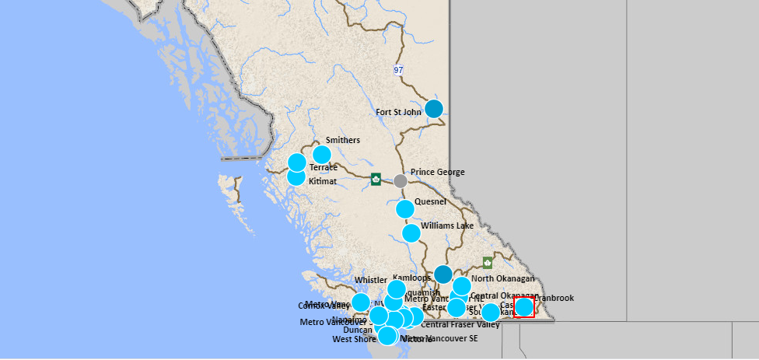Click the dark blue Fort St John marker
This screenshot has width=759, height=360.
coord(433,108)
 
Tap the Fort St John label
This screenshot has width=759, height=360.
coord(398,112)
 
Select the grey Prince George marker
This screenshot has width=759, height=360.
coord(400,181)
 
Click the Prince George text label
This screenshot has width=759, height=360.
coord(437,172)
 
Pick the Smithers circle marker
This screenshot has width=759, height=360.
coord(321,155)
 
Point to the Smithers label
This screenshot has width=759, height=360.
coord(342,140)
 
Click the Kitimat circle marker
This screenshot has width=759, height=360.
coord(296,177)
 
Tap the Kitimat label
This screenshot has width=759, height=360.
coord(323,181)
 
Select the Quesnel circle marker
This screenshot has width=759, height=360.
coord(405,209)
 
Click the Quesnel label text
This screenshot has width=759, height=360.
coord(430,201)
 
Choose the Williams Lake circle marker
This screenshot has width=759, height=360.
coord(411,232)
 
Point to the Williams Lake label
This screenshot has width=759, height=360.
coord(447,226)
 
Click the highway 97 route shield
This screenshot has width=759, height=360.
coord(398,70)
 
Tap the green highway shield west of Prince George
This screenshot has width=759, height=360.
coord(376,179)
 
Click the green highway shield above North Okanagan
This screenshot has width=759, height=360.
coord(488,263)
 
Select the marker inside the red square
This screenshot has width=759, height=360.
coord(524,307)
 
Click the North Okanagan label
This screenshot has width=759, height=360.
coord(503,278)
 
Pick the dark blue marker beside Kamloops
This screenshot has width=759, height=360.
coord(443,274)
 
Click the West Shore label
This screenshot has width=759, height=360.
coord(354,339)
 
